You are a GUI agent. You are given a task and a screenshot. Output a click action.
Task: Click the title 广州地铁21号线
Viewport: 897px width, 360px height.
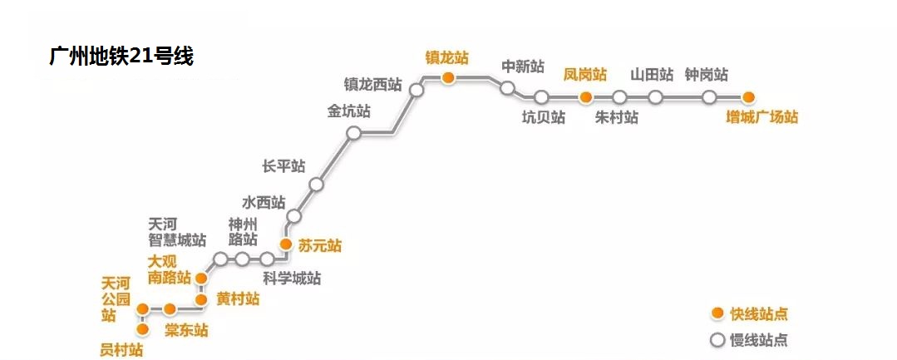(121, 57)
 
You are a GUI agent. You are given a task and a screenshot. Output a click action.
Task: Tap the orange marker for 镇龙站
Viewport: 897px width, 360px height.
(448, 78)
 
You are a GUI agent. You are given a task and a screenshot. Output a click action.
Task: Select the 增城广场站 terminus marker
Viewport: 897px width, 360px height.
(748, 96)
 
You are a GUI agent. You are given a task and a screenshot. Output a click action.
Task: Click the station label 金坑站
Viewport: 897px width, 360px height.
(349, 111)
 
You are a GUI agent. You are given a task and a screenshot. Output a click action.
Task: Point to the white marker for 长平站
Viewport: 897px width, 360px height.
(316, 185)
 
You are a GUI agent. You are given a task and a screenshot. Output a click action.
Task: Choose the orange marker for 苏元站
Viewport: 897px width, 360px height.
(285, 244)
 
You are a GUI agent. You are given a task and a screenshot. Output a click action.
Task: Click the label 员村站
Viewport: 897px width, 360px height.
(121, 349)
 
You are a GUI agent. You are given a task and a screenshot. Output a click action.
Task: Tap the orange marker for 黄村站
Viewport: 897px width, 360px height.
(200, 299)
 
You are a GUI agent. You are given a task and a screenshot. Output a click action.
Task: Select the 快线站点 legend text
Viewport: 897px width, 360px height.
(759, 313)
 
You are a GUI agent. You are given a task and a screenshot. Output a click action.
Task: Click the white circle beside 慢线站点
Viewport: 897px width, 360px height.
(717, 339)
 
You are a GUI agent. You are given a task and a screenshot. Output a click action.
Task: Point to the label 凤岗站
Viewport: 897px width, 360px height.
(585, 74)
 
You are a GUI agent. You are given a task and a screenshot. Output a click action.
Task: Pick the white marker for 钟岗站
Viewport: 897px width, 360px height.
(709, 97)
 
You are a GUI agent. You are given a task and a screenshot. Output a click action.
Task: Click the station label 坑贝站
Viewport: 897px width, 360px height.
(544, 117)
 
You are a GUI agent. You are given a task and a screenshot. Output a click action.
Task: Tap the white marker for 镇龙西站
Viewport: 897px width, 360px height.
(417, 91)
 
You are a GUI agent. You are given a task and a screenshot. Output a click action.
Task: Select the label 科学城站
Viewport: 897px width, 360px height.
(292, 279)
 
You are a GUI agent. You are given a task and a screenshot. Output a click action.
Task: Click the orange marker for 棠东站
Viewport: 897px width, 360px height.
(170, 309)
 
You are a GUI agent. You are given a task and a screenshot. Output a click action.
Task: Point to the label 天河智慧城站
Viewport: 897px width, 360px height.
(177, 232)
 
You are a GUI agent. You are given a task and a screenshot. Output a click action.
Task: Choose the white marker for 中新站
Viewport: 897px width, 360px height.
(508, 88)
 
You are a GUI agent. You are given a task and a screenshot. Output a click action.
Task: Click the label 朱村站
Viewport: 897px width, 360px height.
(617, 117)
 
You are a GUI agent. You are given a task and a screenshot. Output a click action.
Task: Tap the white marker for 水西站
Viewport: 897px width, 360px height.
(293, 217)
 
